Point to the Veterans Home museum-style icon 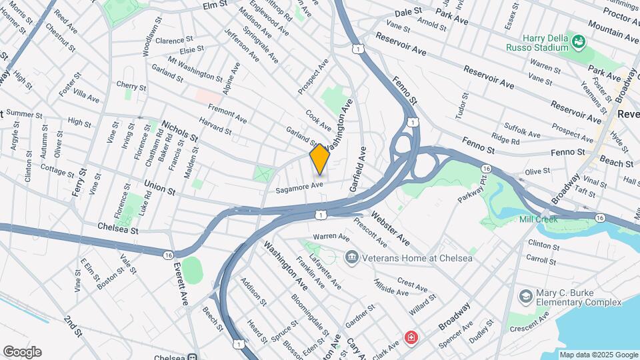pyautogui.click(x=351, y=257)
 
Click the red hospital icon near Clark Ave pyautogui.click(x=411, y=337)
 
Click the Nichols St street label pyautogui.click(x=180, y=131)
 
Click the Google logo pyautogui.click(x=22, y=352)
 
